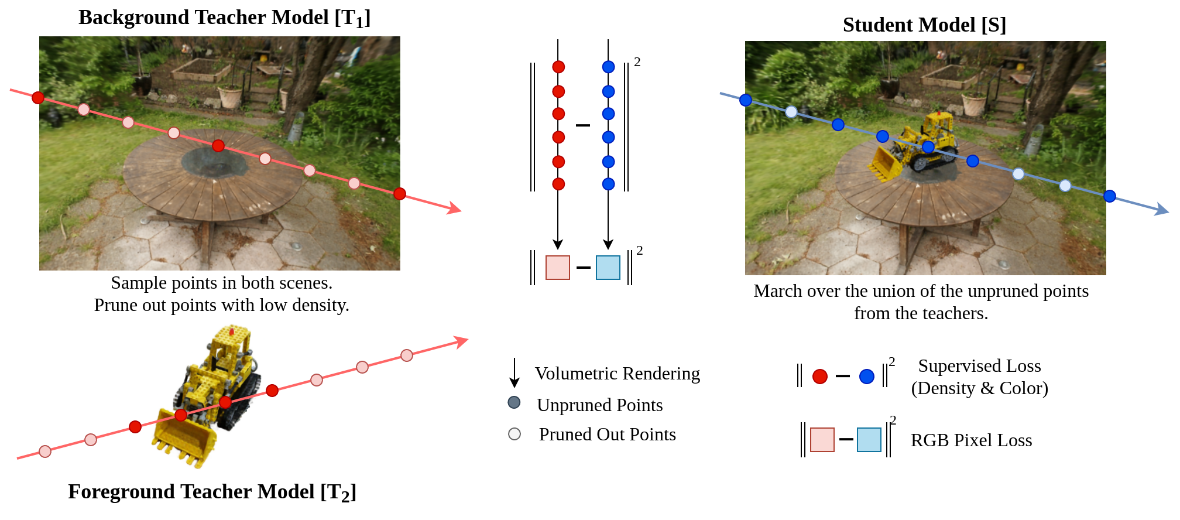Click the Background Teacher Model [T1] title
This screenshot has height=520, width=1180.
tap(224, 18)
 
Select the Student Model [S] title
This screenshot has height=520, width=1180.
tap(924, 25)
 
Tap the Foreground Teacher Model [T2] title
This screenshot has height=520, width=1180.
tap(212, 492)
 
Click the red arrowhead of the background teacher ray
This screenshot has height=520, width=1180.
tap(455, 208)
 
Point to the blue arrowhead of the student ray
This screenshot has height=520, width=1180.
tap(1161, 210)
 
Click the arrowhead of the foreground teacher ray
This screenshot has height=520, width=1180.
tap(462, 341)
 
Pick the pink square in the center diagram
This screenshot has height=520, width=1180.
tap(557, 268)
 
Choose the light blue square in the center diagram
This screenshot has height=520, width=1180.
tap(608, 268)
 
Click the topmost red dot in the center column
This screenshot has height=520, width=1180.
tap(558, 67)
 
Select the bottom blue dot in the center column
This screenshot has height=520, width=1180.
tap(608, 184)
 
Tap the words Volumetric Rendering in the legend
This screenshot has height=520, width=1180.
tap(617, 374)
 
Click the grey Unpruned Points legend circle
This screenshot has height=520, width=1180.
tap(514, 402)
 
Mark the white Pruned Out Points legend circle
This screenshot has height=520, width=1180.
tap(514, 434)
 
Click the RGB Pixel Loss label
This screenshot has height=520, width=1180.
tap(971, 440)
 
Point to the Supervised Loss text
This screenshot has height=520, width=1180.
tap(979, 366)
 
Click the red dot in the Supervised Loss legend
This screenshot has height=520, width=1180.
tap(820, 377)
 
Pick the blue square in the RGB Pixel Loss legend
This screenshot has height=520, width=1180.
tap(869, 440)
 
